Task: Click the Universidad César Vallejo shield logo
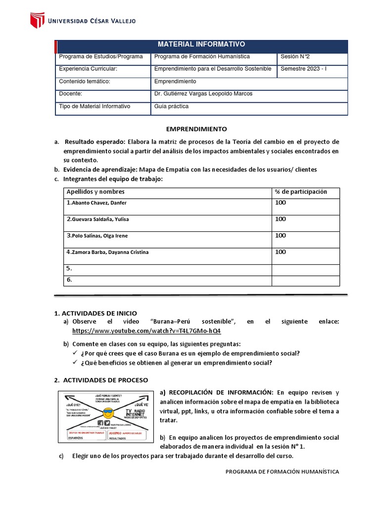click(37, 20)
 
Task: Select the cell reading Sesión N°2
click(296, 57)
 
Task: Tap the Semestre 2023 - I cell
click(303, 69)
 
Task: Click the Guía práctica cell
click(172, 106)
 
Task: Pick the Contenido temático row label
click(84, 82)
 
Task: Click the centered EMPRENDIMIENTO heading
click(196, 129)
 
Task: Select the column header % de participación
click(301, 192)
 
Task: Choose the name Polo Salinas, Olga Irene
click(96, 236)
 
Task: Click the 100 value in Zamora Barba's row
click(281, 252)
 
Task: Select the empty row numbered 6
click(70, 280)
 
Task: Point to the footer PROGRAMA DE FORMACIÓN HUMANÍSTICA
click(282, 472)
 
